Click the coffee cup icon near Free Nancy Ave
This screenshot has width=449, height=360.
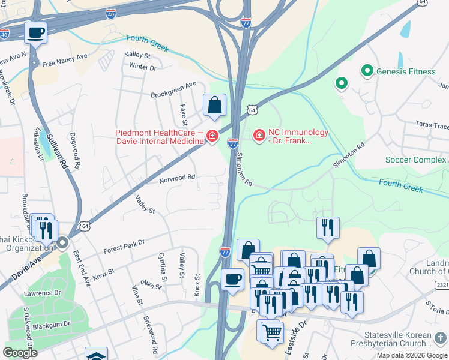coord(36,32)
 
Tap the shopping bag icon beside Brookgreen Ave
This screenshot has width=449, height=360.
coord(214,106)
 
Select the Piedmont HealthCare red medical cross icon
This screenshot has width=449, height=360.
coord(211,137)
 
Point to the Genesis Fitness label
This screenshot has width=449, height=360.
coord(406,71)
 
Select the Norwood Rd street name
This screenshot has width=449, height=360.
coord(177,178)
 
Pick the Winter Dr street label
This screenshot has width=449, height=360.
coord(142,67)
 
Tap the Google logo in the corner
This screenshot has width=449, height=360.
coord(20,353)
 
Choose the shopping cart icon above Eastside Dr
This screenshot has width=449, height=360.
coord(272,331)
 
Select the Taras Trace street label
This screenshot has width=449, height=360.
coord(432,125)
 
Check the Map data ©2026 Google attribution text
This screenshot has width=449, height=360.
coord(412,355)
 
